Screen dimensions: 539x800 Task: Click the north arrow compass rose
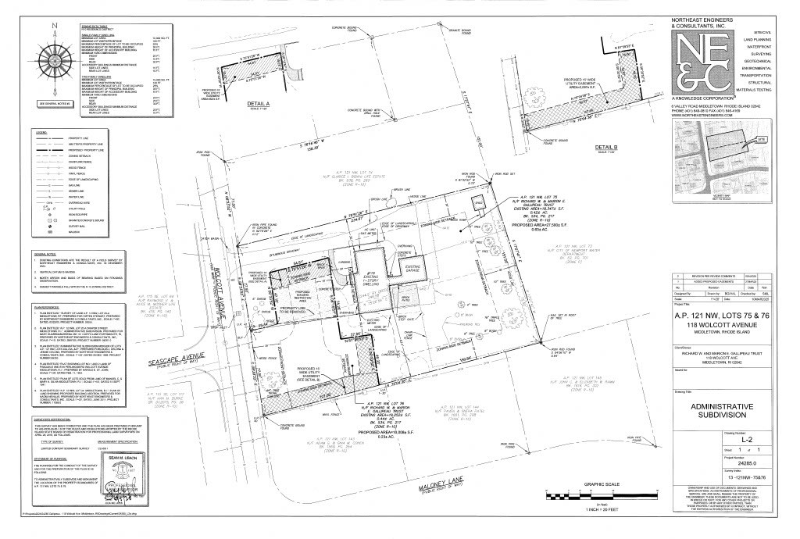[54, 61]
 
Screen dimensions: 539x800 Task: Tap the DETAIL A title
[257, 102]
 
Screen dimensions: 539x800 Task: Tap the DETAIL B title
[605, 147]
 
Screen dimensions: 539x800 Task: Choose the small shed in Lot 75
[476, 202]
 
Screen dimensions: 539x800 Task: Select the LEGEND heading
[41, 133]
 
